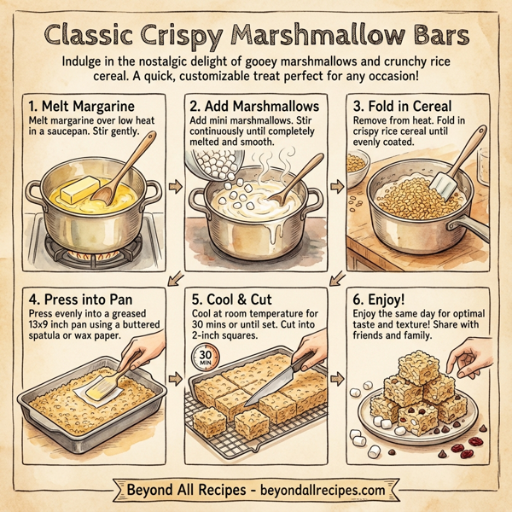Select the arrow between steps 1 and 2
pyautogui.click(x=176, y=185)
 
